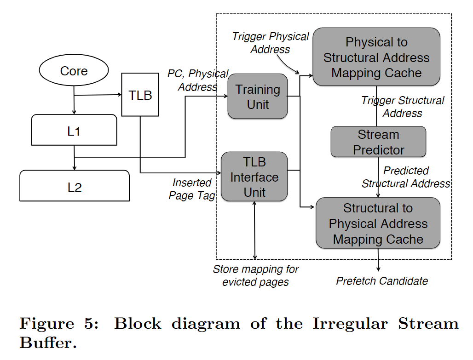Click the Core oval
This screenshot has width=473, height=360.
tap(74, 71)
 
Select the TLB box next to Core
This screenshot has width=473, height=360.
tap(140, 95)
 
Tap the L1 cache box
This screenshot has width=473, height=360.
tap(74, 131)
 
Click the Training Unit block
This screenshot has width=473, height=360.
tap(258, 97)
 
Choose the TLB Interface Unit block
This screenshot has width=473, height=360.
tap(254, 177)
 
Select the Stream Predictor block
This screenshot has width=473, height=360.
tap(378, 142)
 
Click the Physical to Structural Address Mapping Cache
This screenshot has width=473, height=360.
tap(376, 57)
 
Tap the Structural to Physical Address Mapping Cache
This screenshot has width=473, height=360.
tap(378, 223)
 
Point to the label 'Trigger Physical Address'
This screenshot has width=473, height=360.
tap(271, 43)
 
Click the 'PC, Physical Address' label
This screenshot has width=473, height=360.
tap(198, 80)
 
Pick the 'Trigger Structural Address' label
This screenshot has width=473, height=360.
tap(403, 107)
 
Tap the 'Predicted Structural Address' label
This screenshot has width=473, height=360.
tap(406, 177)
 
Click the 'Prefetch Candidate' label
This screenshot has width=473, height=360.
tap(382, 281)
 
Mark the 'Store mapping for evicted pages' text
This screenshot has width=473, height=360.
tap(255, 276)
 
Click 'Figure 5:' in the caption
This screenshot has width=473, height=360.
tap(59, 324)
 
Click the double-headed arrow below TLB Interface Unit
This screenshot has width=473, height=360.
tap(255, 230)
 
